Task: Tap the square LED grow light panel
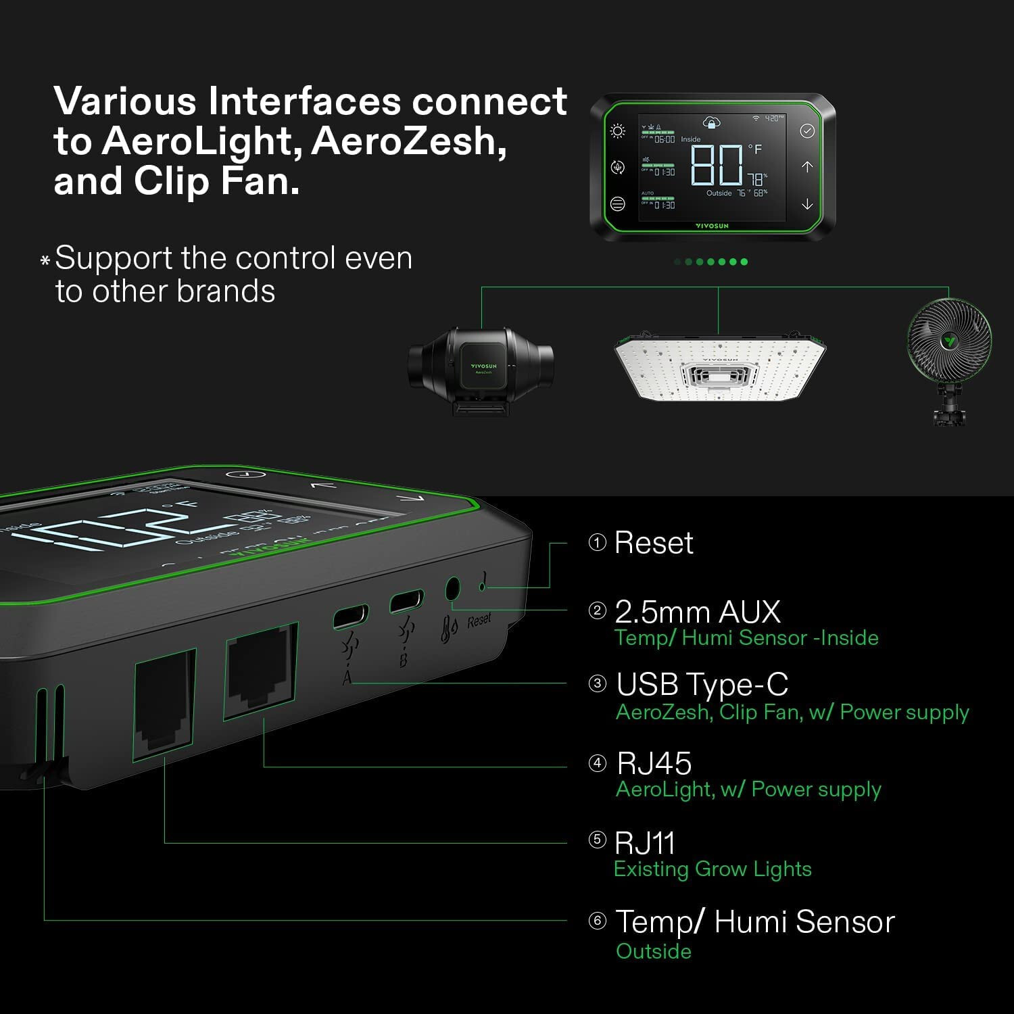[x=720, y=366]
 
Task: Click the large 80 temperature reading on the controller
[x=717, y=165]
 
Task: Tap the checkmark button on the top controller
[x=807, y=131]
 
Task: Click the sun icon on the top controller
[x=617, y=131]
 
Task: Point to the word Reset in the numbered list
[x=654, y=543]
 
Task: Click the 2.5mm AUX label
[x=697, y=612]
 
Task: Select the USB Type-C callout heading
[x=702, y=684]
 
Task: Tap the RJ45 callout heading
[x=654, y=763]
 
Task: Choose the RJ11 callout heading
[x=645, y=843]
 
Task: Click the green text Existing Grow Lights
[x=713, y=869]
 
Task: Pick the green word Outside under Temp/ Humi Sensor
[x=654, y=951]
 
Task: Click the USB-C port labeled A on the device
[x=351, y=617]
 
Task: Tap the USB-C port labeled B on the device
[x=406, y=601]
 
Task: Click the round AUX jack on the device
[x=452, y=589]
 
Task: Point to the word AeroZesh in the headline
[x=408, y=142]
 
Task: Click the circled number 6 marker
[x=597, y=921]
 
